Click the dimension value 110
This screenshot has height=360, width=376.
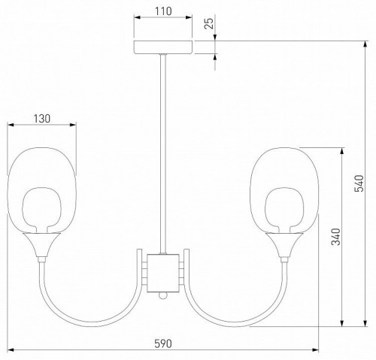[164, 11]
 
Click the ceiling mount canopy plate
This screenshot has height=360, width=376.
[163, 47]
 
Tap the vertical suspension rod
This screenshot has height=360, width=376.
[163, 150]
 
